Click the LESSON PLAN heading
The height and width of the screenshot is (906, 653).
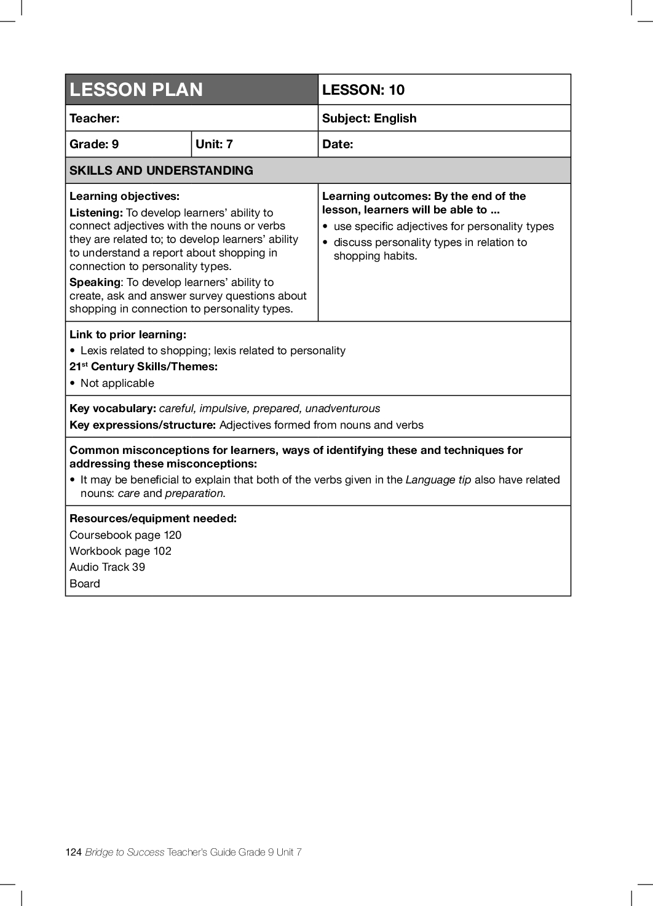click(136, 90)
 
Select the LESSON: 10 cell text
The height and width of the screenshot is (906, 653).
click(363, 90)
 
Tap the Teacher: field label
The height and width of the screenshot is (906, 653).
click(95, 118)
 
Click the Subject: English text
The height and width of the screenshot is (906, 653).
click(369, 118)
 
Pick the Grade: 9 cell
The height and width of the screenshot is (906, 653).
click(94, 144)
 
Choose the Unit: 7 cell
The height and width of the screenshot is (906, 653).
click(214, 144)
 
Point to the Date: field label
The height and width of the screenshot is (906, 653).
click(338, 144)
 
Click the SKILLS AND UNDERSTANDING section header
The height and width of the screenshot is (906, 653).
click(161, 170)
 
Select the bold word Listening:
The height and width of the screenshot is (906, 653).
click(96, 213)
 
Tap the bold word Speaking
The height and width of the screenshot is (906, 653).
click(95, 282)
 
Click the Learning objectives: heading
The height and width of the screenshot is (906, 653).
click(124, 196)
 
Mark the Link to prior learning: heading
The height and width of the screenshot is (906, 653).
click(127, 335)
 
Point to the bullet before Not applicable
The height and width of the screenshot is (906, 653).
click(73, 383)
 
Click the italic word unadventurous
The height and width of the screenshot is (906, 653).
click(342, 408)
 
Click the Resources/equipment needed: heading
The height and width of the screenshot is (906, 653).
click(152, 519)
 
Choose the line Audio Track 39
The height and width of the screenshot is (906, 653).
click(107, 567)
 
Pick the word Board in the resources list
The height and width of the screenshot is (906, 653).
click(85, 584)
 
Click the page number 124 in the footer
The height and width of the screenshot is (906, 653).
click(73, 852)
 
